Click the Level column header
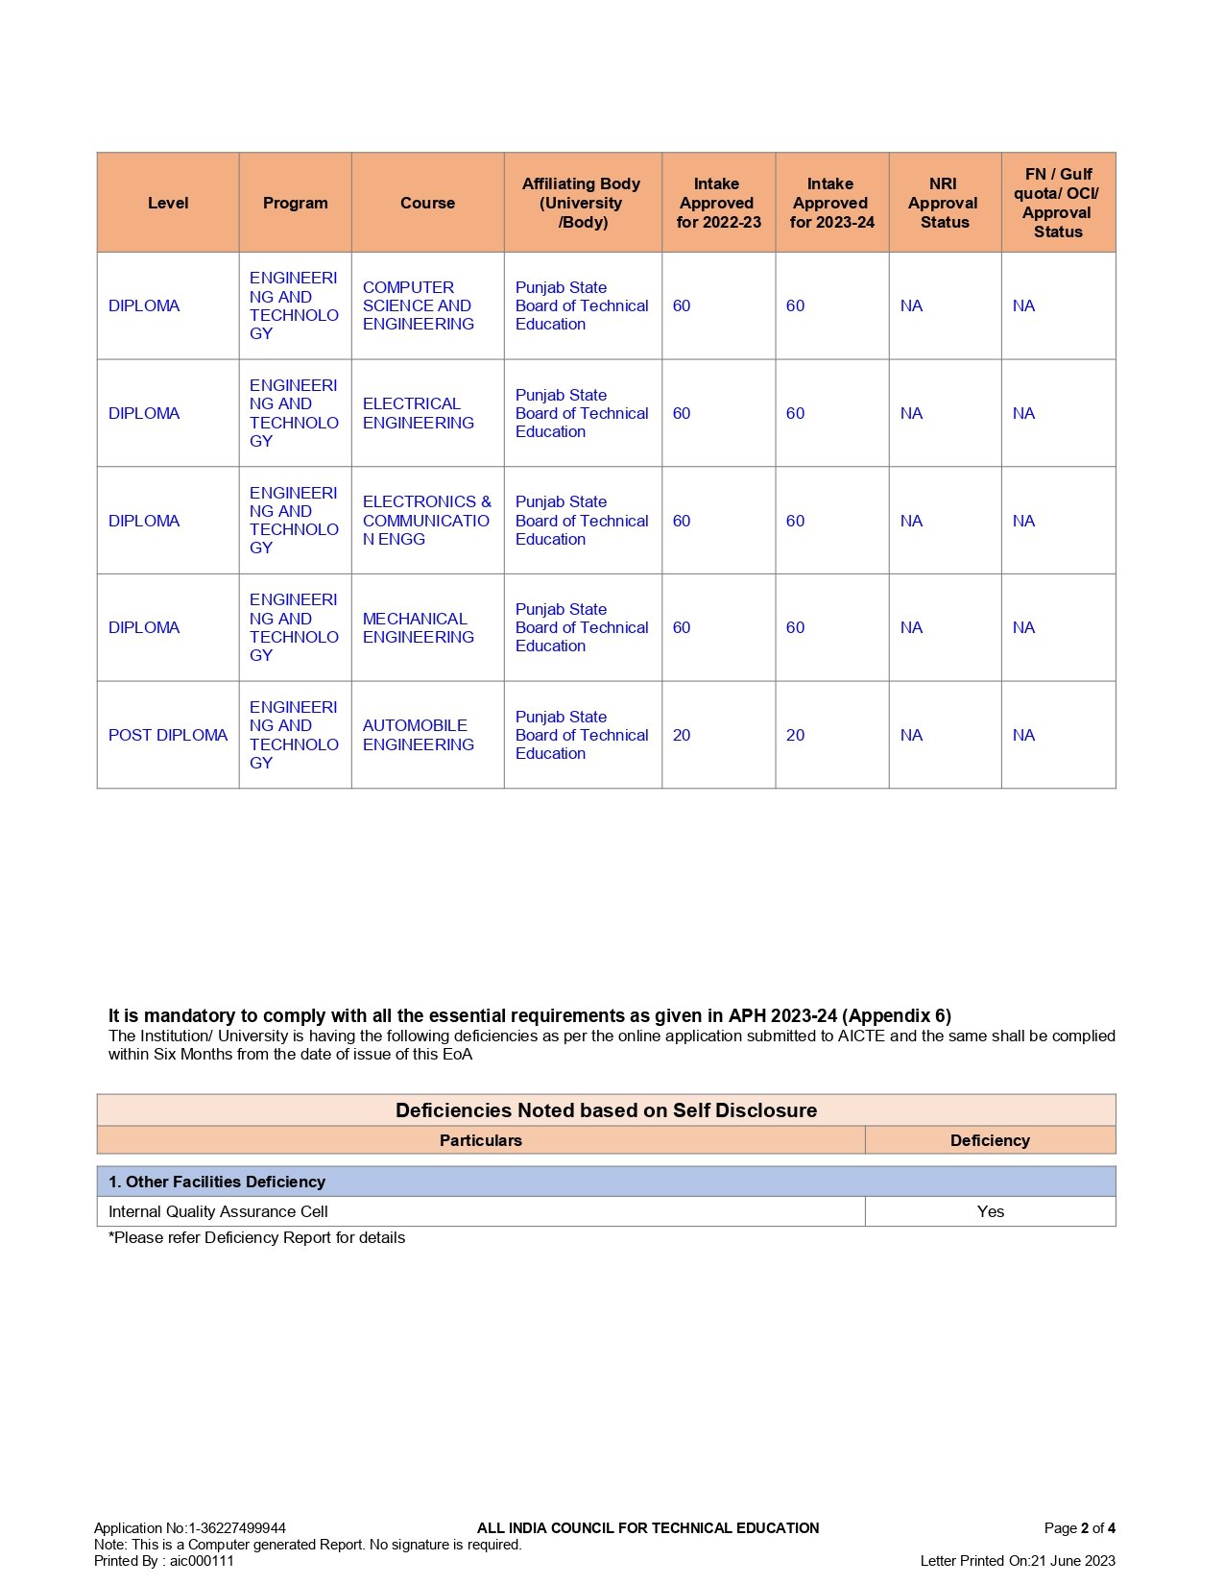coord(168,203)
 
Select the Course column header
coord(427,203)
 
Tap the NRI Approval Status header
coord(944,203)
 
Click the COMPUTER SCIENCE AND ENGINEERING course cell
coord(418,305)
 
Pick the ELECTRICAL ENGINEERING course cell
coord(418,413)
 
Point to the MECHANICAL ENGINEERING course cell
coord(418,627)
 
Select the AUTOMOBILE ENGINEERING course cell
coord(418,735)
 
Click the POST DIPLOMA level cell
coord(168,735)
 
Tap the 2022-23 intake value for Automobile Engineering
coord(682,735)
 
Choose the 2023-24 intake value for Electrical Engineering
coord(795,413)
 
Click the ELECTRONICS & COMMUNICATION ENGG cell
coord(426,521)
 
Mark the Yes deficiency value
coord(990,1211)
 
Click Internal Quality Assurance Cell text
coord(218,1211)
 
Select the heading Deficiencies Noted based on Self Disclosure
coord(606,1110)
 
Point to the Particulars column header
coord(480,1140)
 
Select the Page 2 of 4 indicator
coord(1079,1528)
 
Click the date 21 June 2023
coord(1073,1561)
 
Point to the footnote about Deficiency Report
coord(256,1237)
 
